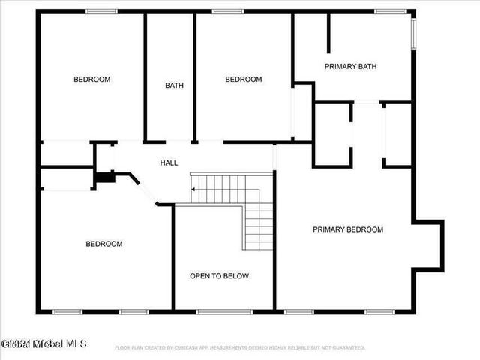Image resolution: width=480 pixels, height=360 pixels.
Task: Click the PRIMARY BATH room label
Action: tap(350, 67)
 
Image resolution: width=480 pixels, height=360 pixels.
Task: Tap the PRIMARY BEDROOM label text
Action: tap(348, 230)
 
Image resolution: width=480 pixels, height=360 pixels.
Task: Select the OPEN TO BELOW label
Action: tap(219, 276)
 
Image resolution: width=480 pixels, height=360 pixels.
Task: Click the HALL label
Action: tap(169, 163)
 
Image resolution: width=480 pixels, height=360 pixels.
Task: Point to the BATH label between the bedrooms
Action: tap(174, 85)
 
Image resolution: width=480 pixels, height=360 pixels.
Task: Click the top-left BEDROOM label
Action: tap(91, 79)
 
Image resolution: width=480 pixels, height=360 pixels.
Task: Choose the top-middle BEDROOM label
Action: tap(244, 79)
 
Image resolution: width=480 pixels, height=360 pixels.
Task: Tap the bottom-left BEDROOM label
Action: tap(103, 244)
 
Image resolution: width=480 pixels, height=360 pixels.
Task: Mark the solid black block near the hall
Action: tap(103, 178)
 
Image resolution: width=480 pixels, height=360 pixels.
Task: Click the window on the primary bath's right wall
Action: tap(412, 34)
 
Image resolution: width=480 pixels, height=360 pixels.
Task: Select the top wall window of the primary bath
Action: tap(390, 11)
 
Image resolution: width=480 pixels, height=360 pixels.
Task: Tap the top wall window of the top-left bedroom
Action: tap(101, 11)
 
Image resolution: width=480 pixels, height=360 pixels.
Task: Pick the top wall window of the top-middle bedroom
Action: tap(227, 11)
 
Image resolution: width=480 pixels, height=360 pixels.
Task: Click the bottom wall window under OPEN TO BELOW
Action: tap(214, 311)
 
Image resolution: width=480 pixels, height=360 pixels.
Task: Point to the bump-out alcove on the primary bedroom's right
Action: tap(429, 245)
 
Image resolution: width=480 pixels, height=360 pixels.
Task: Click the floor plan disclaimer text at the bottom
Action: tap(240, 347)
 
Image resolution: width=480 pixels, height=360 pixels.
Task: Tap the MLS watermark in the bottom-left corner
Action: tap(43, 344)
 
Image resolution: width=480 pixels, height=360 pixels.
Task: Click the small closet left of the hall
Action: tap(66, 154)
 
